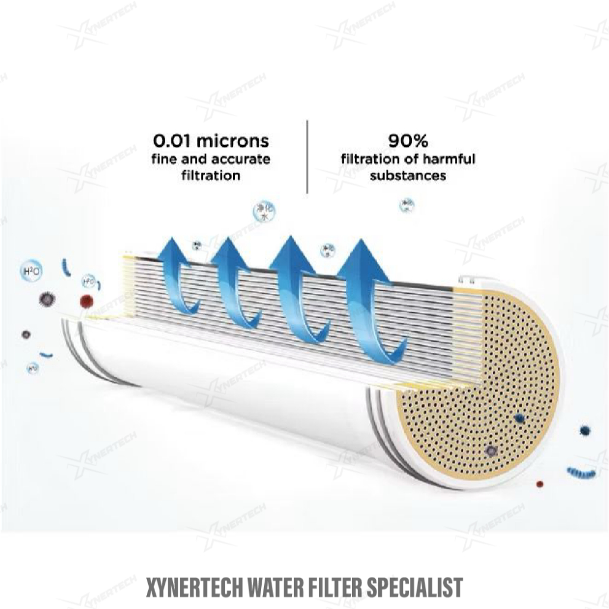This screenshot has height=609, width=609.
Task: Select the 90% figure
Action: coord(407,141)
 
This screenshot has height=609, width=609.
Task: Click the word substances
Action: coord(407,176)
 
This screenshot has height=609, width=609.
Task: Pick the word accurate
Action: coord(241,159)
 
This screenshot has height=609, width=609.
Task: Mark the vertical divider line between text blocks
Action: coord(307,156)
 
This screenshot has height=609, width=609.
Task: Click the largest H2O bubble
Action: coord(31,271)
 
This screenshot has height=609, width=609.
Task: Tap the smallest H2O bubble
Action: coord(33,369)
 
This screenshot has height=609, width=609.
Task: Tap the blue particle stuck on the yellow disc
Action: coord(520,417)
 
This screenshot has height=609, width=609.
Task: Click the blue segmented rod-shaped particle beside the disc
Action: coord(581,473)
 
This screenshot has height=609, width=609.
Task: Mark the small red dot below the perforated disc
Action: coord(540,483)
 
